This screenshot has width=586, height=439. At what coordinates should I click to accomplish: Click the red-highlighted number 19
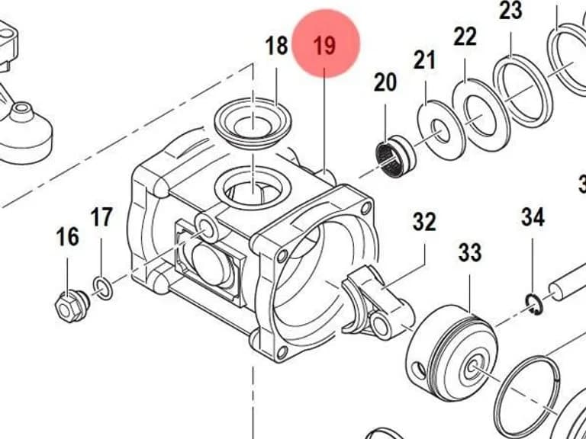coord(325,46)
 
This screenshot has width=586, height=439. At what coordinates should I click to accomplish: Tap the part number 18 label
coord(276,46)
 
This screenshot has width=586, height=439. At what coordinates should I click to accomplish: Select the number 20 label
coord(385,82)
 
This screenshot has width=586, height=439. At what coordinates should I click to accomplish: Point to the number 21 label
coord(424,60)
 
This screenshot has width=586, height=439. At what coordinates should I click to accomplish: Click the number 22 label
coord(465,37)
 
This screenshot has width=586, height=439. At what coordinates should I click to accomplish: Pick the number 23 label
coord(510,11)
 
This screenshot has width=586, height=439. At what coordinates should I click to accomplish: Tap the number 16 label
coord(68,237)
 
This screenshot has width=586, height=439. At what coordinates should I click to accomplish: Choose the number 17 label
coord(101,217)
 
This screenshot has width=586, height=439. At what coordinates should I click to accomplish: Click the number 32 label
coord(424,222)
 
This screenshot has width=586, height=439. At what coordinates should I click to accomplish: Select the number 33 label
coord(470,252)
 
